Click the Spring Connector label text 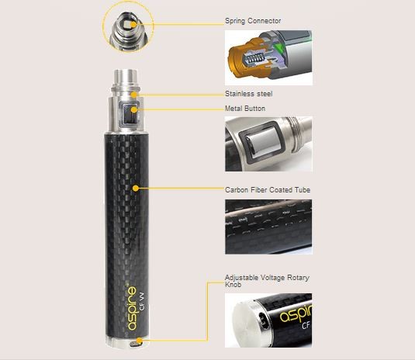(x=253, y=21)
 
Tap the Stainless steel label (x=248, y=94)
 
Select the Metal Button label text (x=245, y=109)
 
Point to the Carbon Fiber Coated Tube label (x=268, y=190)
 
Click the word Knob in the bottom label (x=233, y=285)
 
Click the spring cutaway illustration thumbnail (x=268, y=57)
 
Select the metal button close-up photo (x=268, y=144)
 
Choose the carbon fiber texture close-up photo (x=268, y=227)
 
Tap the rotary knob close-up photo (x=268, y=320)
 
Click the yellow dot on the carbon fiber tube (x=136, y=189)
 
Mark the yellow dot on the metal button (x=134, y=109)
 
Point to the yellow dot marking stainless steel (x=134, y=95)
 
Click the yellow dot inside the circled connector (x=133, y=24)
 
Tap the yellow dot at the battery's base (x=139, y=341)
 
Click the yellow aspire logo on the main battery (x=133, y=308)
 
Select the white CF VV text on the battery (x=142, y=301)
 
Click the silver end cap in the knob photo (x=247, y=325)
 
